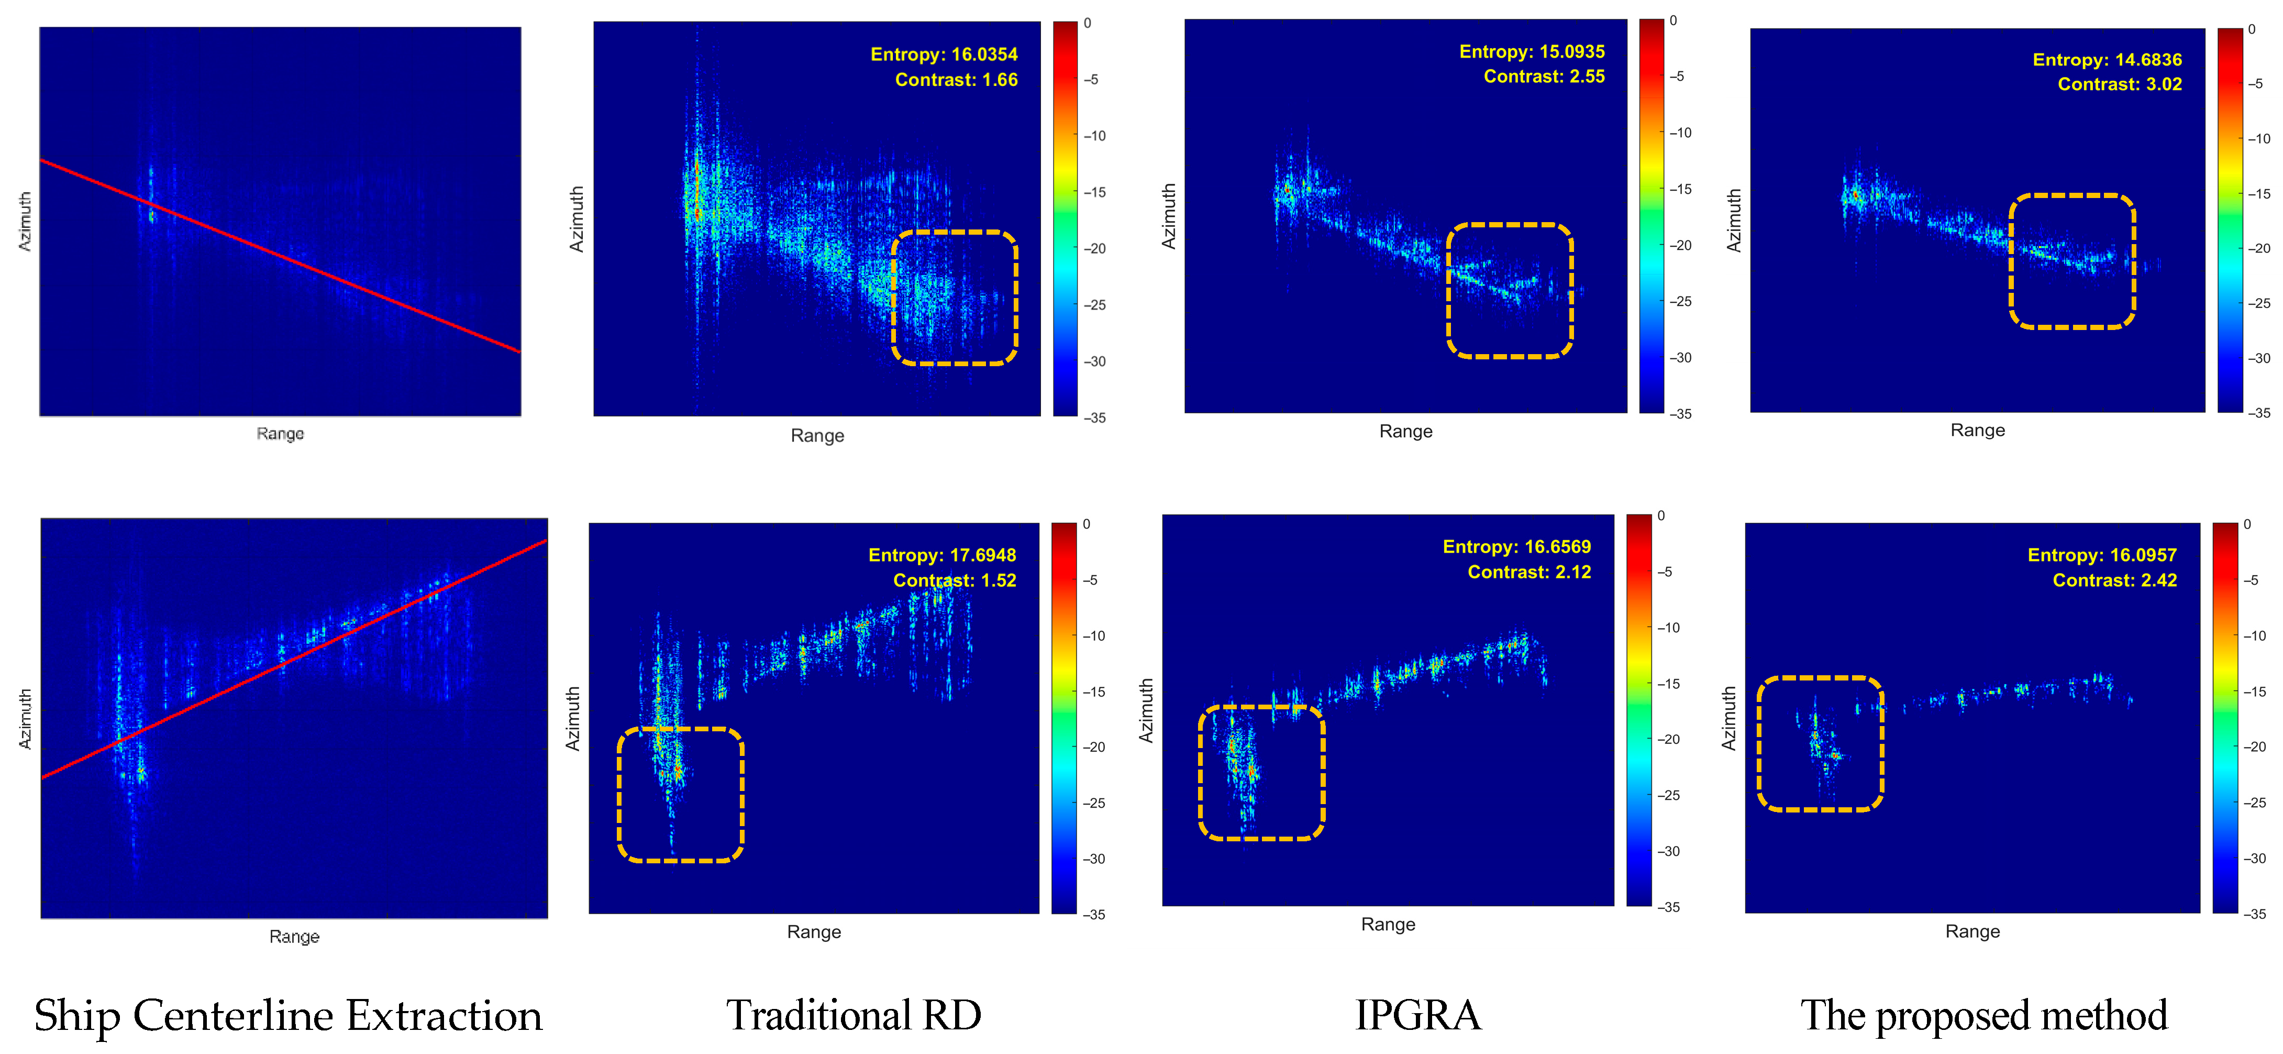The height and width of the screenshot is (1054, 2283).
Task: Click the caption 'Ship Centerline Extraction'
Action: [288, 1016]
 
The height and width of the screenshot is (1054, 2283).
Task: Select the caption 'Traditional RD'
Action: [854, 1016]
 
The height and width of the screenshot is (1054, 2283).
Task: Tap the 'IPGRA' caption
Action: [1418, 1016]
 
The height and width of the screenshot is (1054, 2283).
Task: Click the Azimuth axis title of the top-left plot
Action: [25, 222]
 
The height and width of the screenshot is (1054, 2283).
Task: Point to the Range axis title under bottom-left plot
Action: [294, 937]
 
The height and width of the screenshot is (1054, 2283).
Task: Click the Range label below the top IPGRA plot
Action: [1405, 432]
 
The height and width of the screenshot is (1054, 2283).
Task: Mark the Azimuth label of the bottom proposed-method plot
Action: [1728, 718]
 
